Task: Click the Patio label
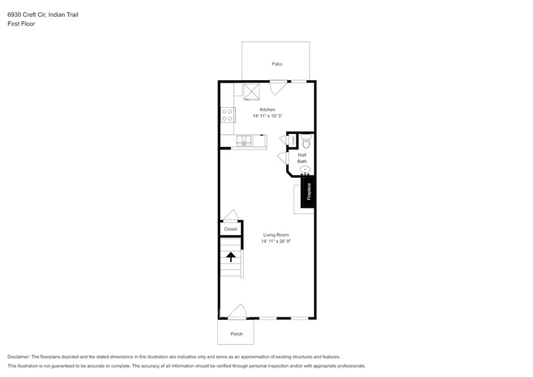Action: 276,64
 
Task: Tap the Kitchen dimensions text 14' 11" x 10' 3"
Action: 267,116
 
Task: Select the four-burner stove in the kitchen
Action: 227,115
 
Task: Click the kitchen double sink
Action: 244,140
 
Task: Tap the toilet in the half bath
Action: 306,140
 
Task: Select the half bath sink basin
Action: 305,170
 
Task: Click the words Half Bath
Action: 302,158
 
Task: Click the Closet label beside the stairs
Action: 230,229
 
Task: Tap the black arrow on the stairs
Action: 230,257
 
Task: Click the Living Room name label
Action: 276,235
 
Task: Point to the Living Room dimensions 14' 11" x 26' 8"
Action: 276,242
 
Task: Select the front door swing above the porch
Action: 237,312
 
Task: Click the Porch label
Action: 237,334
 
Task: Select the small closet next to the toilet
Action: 293,140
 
